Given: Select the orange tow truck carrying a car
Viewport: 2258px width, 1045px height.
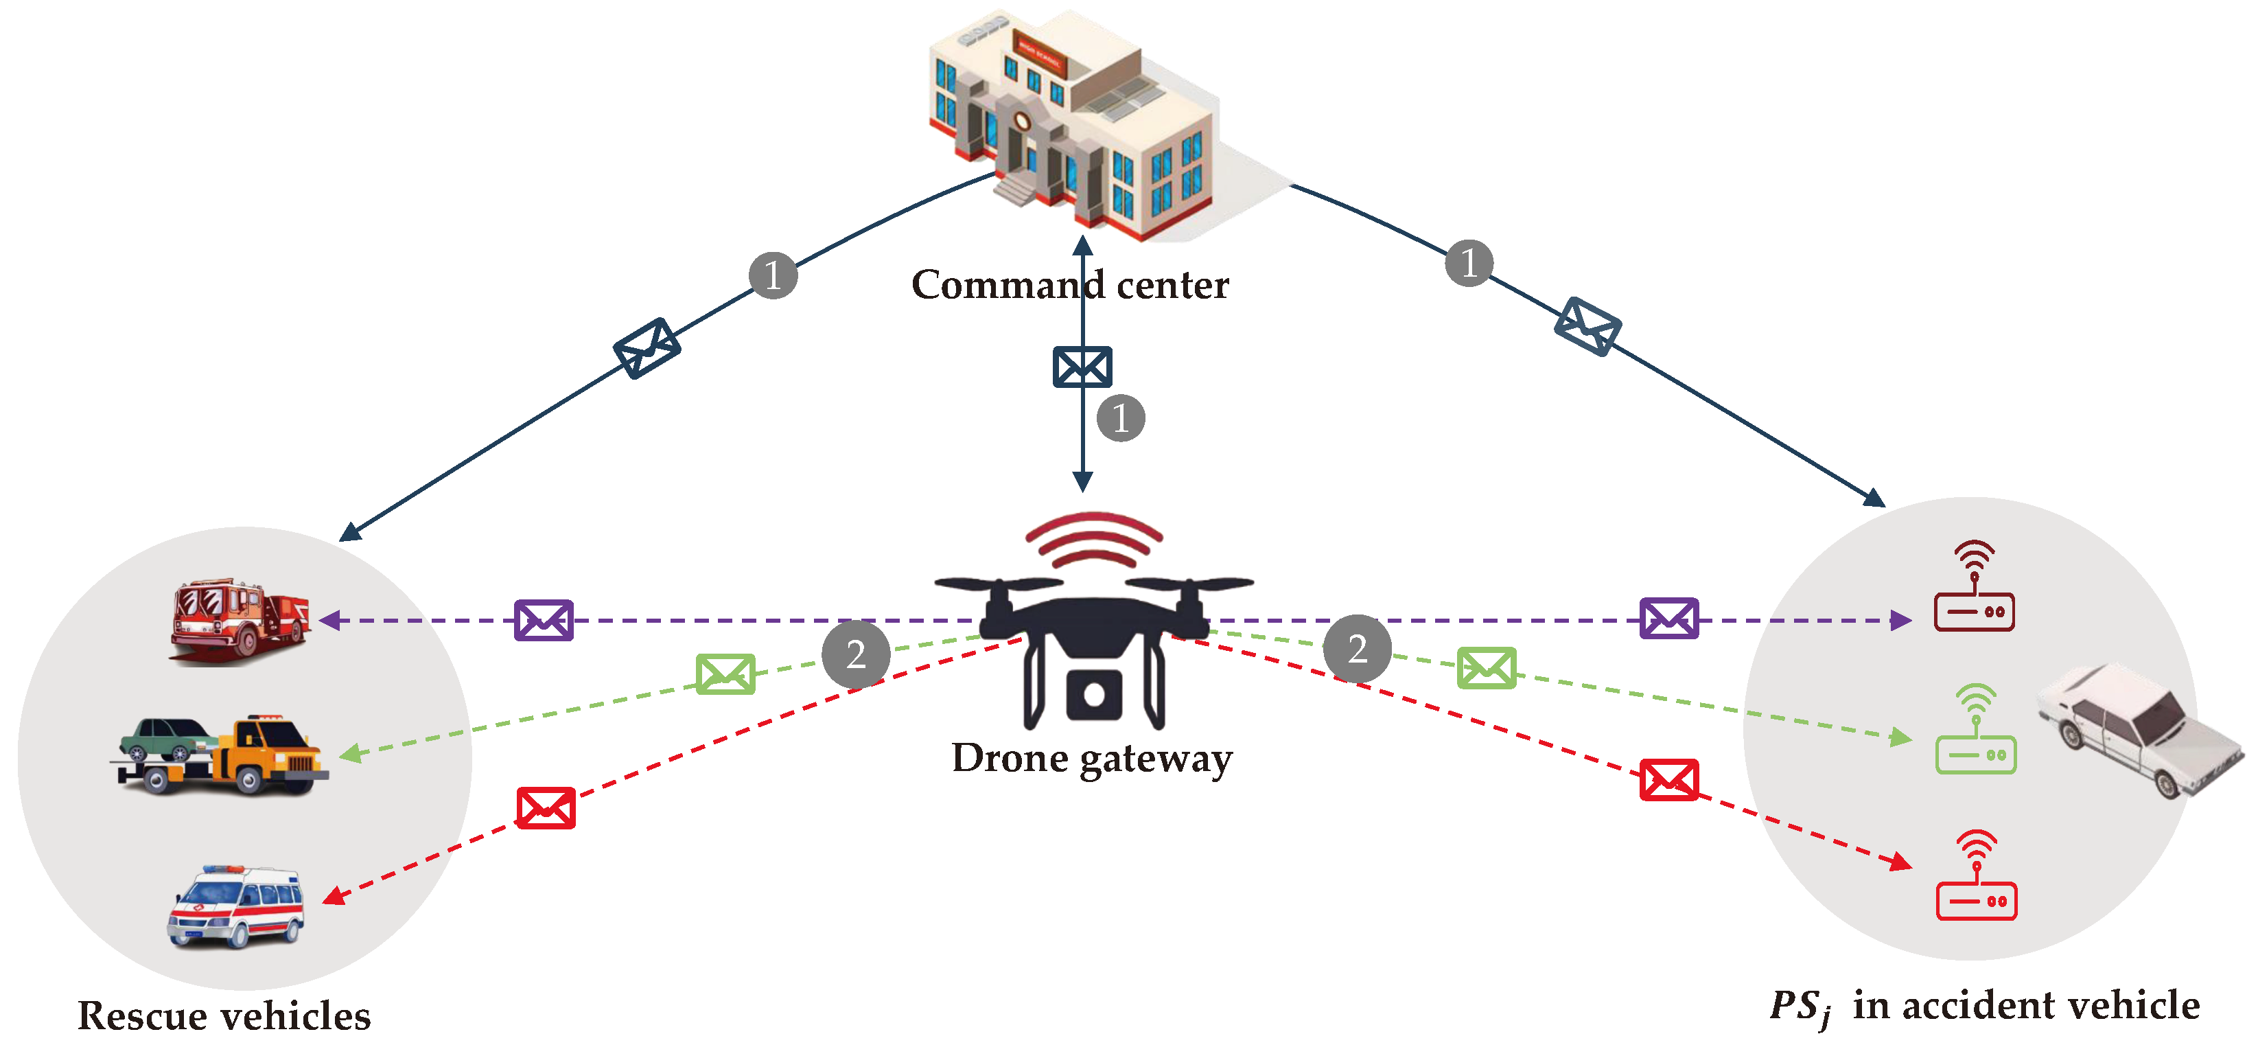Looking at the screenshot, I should click(224, 756).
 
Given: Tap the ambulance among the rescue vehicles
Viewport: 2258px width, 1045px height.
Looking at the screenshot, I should click(236, 908).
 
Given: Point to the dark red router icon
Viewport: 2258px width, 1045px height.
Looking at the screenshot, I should click(1974, 586).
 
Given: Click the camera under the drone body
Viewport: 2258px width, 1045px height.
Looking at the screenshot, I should click(1094, 694).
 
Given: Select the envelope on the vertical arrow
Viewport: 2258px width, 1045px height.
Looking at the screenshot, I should click(1082, 367).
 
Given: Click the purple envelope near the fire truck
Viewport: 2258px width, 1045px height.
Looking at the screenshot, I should click(544, 620).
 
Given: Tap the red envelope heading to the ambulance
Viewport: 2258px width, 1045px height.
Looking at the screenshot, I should click(545, 807).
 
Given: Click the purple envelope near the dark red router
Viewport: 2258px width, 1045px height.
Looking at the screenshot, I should click(1669, 618).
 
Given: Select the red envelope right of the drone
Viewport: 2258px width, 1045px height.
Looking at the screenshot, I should click(1669, 779).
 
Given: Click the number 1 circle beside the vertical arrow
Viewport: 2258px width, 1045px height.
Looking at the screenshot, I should click(1120, 417).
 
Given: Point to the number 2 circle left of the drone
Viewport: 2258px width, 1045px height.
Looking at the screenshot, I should click(856, 654).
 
